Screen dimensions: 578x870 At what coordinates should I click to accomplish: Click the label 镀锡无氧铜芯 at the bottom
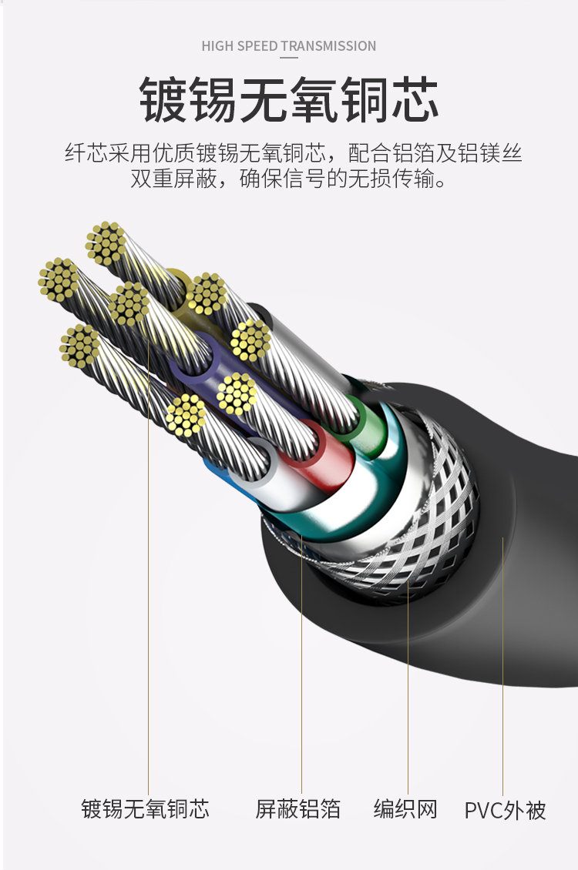tap(146, 809)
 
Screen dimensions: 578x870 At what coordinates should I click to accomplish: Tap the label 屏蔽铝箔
tap(298, 809)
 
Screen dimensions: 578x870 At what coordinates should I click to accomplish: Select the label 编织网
tap(405, 809)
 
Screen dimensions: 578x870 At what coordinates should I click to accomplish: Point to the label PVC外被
tap(505, 810)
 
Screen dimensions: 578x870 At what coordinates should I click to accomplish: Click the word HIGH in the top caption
tap(218, 46)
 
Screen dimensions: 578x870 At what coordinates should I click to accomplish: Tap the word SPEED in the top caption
tap(257, 46)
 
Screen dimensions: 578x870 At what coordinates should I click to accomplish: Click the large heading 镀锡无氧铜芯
tap(289, 100)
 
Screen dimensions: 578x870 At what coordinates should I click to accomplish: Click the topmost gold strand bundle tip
tap(106, 243)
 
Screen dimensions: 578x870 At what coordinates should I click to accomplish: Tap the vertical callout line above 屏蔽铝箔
tap(301, 664)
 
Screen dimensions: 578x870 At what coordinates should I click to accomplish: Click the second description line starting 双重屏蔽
tap(289, 179)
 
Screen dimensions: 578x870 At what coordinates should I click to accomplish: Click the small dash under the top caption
tap(289, 57)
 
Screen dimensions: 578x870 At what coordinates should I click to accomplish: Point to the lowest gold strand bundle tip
tap(186, 414)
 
